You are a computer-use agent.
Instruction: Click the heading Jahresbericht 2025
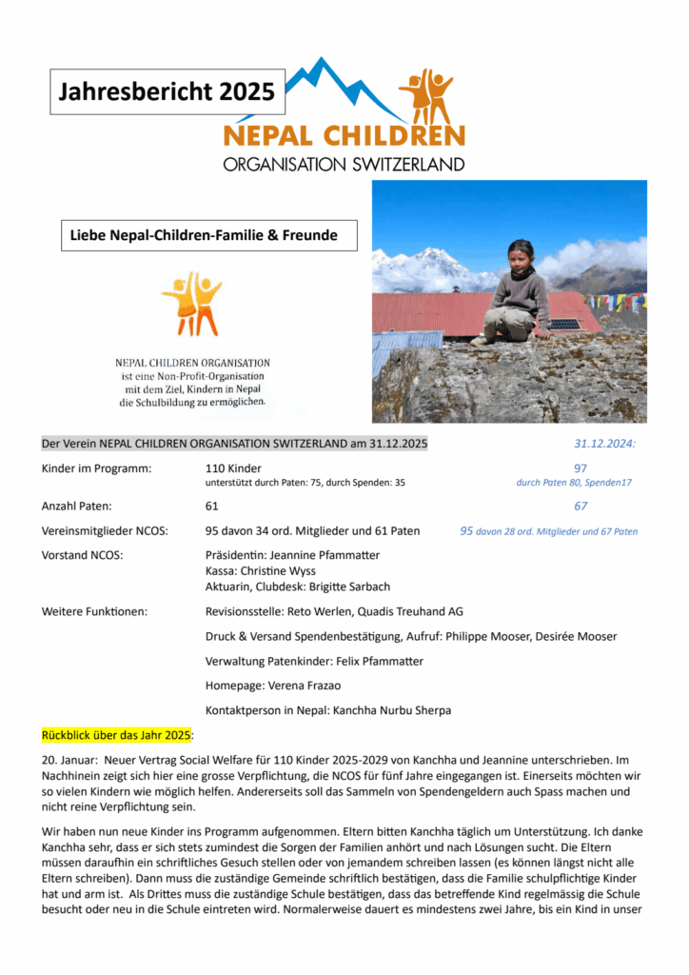(167, 92)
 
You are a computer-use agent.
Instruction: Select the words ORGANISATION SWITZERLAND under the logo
(344, 164)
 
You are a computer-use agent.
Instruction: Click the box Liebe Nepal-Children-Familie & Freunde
(208, 234)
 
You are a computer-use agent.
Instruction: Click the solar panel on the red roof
(565, 325)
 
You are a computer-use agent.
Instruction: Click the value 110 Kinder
(233, 468)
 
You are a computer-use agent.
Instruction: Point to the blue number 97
(581, 468)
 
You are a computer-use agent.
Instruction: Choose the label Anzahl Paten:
(77, 507)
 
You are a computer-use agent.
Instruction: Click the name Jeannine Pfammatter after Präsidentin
(325, 554)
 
